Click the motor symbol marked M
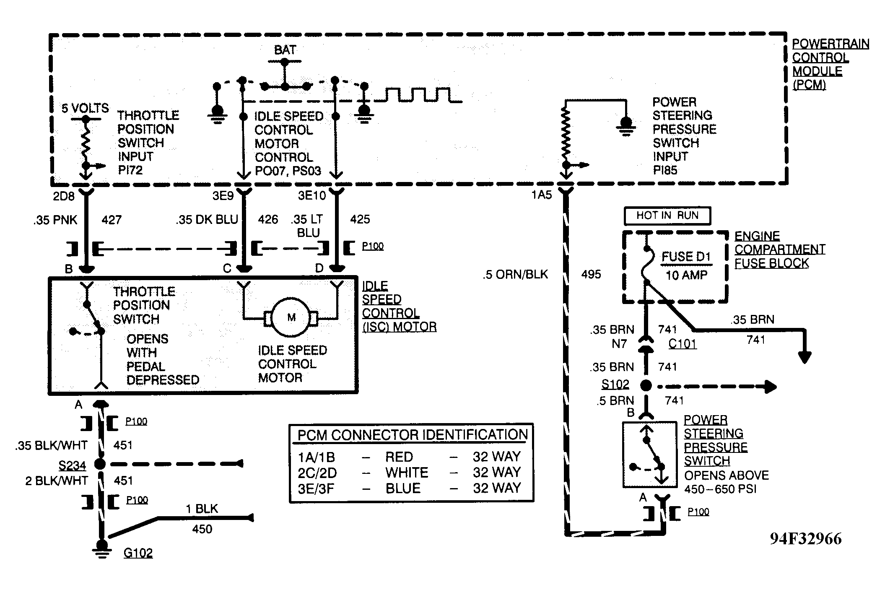click(291, 317)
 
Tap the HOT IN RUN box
click(667, 216)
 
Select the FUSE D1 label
click(686, 257)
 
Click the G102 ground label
click(138, 553)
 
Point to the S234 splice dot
click(100, 464)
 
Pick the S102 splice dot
click(646, 385)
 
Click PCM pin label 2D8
click(63, 196)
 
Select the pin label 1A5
click(542, 195)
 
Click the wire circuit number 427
click(112, 220)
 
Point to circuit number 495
click(591, 274)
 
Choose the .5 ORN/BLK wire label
click(515, 275)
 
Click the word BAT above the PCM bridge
click(285, 50)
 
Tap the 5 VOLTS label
click(85, 108)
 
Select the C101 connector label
click(682, 344)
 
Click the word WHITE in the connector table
click(407, 473)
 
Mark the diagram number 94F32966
click(805, 539)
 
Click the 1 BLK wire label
click(202, 509)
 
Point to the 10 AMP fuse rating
click(687, 275)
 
